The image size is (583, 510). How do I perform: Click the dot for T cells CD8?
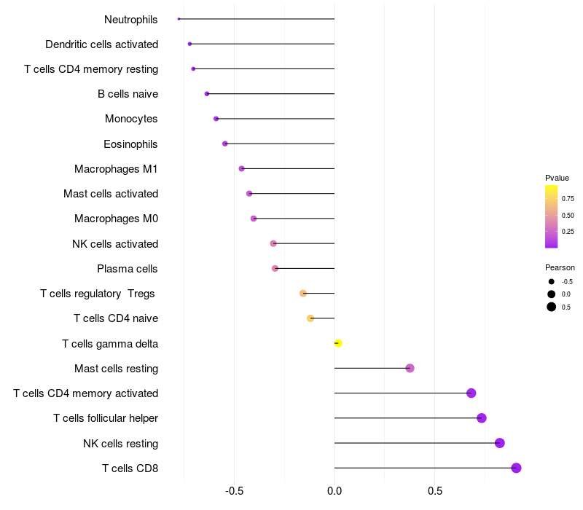pyautogui.click(x=517, y=468)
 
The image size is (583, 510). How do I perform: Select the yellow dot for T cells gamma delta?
pyautogui.click(x=338, y=343)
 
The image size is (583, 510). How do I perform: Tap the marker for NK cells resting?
pyautogui.click(x=500, y=443)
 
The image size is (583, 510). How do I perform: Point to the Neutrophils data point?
pyautogui.click(x=179, y=19)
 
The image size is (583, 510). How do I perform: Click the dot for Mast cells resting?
pyautogui.click(x=410, y=368)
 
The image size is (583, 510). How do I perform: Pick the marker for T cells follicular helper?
pyautogui.click(x=482, y=418)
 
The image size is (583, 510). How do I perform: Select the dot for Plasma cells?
pyautogui.click(x=275, y=268)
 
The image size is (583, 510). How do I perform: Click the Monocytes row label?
pyautogui.click(x=131, y=119)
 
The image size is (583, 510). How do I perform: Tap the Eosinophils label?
pyautogui.click(x=130, y=144)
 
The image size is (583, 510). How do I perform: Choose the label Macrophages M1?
pyautogui.click(x=116, y=169)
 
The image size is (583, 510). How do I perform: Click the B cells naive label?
pyautogui.click(x=128, y=94)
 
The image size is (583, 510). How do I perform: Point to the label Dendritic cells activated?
pyautogui.click(x=101, y=44)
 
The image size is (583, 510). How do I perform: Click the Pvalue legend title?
pyautogui.click(x=557, y=178)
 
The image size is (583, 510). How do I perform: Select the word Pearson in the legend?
pyautogui.click(x=560, y=267)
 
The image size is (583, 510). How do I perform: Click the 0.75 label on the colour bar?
pyautogui.click(x=568, y=198)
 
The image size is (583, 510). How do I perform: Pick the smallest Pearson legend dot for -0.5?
pyautogui.click(x=552, y=281)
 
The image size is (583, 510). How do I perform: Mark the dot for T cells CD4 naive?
pyautogui.click(x=310, y=318)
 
